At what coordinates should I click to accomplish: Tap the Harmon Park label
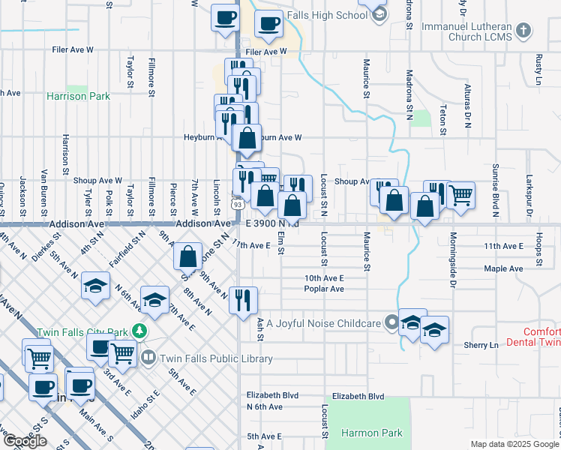click(x=372, y=433)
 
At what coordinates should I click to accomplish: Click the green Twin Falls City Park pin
click(x=138, y=330)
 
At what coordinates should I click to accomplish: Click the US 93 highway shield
click(x=238, y=204)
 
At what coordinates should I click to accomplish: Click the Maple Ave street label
click(x=503, y=268)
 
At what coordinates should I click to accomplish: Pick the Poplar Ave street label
click(x=324, y=289)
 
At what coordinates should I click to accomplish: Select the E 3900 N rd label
click(x=271, y=223)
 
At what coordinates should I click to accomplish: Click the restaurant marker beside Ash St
click(x=243, y=301)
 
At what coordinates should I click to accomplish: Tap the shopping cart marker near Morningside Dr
click(x=460, y=194)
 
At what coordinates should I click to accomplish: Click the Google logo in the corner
click(x=25, y=440)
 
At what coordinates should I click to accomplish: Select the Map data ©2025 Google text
click(x=514, y=444)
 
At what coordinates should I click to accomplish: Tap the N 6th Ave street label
click(x=265, y=406)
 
